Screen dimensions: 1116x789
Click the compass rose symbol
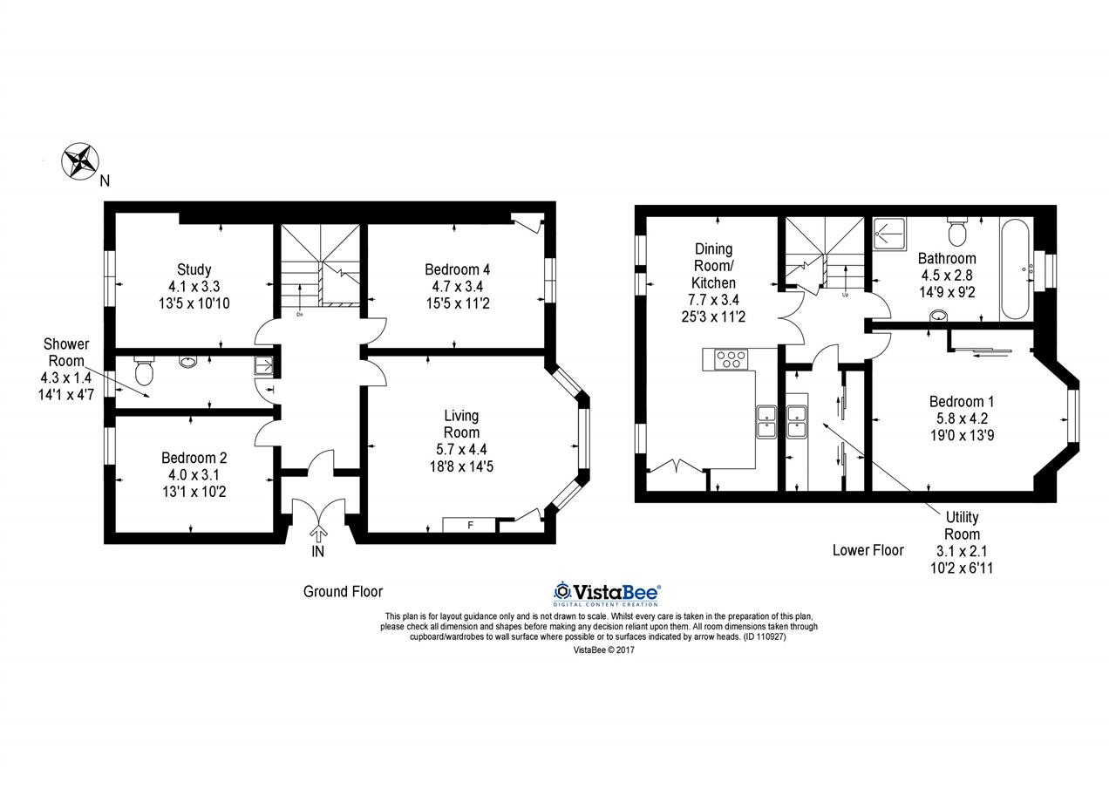click(80, 161)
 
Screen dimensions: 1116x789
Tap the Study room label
click(194, 269)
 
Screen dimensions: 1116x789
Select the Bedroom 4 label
click(458, 269)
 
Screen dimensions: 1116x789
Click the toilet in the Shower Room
click(144, 371)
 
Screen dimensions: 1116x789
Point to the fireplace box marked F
click(469, 525)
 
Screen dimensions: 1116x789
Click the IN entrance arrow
click(318, 534)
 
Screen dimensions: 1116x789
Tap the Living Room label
click(461, 424)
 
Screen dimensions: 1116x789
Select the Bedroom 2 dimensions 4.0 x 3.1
click(194, 474)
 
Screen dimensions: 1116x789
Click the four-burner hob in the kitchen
click(731, 358)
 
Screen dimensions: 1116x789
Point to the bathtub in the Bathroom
click(1014, 269)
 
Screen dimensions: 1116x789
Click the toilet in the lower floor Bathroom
click(957, 232)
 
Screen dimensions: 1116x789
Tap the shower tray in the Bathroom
click(889, 233)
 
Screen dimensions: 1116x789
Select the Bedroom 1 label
click(962, 401)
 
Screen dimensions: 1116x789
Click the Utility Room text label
click(962, 526)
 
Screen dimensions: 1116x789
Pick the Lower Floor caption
click(868, 550)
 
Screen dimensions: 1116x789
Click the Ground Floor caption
click(343, 591)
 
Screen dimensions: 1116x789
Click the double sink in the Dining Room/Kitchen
click(766, 422)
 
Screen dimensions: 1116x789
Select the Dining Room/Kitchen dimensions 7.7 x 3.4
click(713, 300)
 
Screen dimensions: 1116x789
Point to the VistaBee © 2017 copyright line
click(604, 650)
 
